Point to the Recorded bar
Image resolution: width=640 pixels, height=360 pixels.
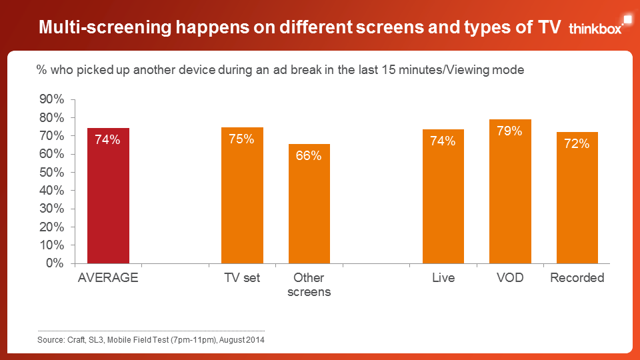(577, 200)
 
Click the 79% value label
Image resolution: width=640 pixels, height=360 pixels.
(510, 131)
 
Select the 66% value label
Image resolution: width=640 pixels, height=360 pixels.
(309, 156)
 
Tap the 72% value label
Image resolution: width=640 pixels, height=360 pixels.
(577, 144)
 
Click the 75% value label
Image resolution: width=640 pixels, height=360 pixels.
(242, 139)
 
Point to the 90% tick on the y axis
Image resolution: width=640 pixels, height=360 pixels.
(51, 99)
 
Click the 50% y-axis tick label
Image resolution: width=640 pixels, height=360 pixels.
(51, 172)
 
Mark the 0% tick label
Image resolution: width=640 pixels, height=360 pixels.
(55, 263)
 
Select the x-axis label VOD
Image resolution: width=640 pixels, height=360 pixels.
(510, 278)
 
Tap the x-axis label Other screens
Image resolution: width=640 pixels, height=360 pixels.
(309, 285)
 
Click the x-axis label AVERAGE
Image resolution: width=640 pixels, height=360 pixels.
(108, 278)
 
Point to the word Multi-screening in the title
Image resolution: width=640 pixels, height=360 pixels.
(105, 27)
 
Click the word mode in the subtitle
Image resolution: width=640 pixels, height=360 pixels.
(509, 69)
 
